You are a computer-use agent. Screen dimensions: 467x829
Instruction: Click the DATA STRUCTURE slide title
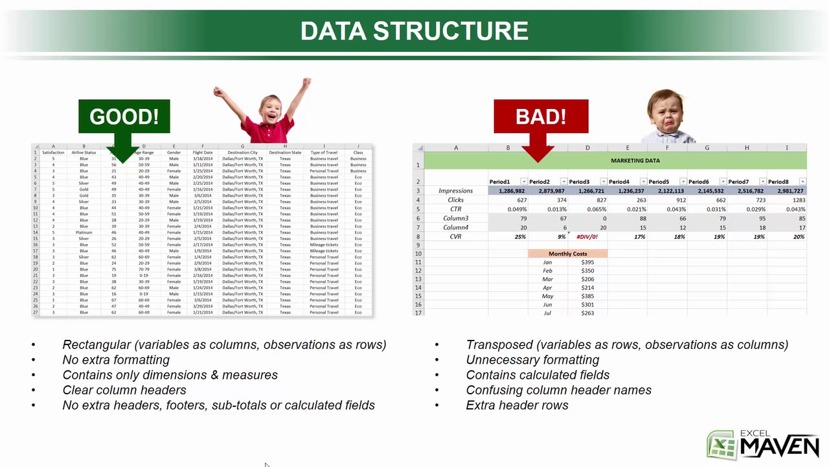click(x=414, y=30)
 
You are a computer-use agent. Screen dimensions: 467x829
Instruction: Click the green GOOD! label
click(x=124, y=117)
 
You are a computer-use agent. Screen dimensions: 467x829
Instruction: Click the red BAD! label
click(x=541, y=117)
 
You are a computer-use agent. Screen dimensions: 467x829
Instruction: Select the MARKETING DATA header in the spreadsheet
click(x=635, y=160)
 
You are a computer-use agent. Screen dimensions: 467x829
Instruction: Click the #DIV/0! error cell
click(x=587, y=237)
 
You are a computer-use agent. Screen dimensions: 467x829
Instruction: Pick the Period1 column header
click(x=500, y=182)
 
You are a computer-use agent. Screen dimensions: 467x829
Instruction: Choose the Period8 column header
click(x=778, y=182)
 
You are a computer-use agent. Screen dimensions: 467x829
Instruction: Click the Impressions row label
click(x=455, y=191)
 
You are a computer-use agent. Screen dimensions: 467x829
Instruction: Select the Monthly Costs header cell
click(x=567, y=254)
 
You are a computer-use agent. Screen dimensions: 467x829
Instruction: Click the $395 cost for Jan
click(x=587, y=262)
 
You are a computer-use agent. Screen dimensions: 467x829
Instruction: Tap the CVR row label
click(x=455, y=237)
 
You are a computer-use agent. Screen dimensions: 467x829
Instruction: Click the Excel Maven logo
click(x=763, y=444)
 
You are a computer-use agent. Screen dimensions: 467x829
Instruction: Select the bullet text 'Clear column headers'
click(x=124, y=390)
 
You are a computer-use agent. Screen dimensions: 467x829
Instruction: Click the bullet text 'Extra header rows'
click(x=517, y=405)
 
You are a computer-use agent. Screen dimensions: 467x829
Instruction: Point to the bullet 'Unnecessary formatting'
click(x=532, y=359)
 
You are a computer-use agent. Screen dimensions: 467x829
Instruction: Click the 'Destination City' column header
click(x=242, y=152)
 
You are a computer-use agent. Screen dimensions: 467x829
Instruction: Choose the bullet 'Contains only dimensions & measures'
click(x=170, y=375)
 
